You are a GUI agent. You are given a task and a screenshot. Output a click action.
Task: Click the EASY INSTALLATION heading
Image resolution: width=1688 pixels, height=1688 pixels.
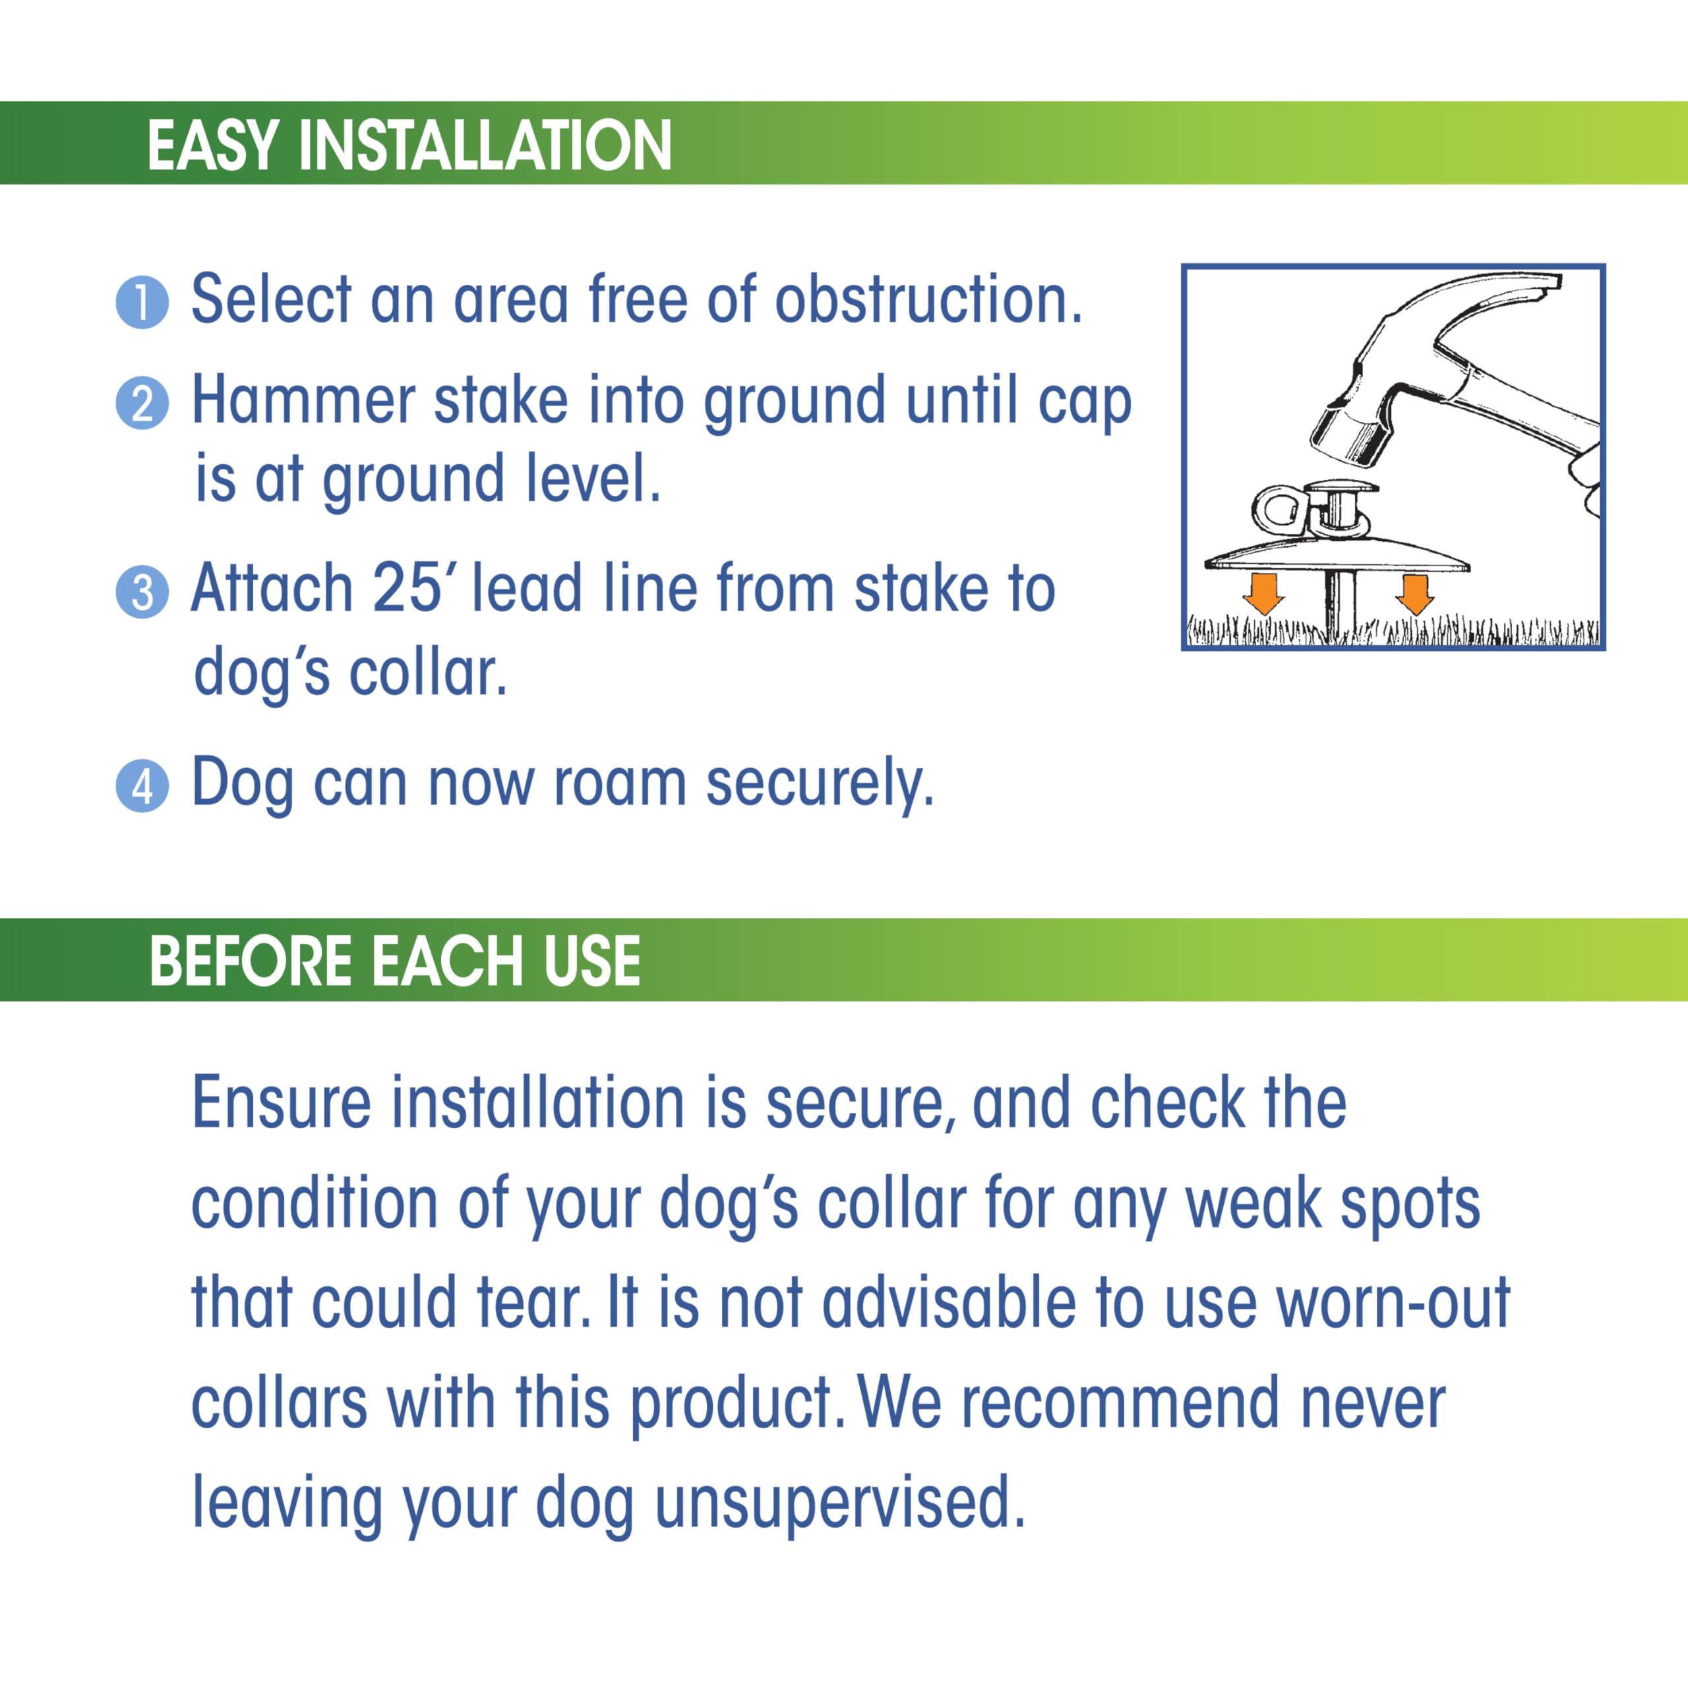[x=409, y=144]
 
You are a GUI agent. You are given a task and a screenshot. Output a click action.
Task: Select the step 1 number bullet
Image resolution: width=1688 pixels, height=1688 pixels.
[x=142, y=303]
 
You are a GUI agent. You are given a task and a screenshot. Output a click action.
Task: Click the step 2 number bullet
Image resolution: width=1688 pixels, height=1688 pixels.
[x=142, y=404]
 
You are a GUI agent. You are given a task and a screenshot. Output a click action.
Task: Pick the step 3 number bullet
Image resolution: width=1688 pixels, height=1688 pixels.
[x=142, y=592]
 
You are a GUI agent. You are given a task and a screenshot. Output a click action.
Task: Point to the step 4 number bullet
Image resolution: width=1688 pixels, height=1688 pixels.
[x=142, y=787]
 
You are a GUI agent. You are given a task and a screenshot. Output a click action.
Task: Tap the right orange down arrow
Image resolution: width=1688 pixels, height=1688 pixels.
[x=1414, y=594]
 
